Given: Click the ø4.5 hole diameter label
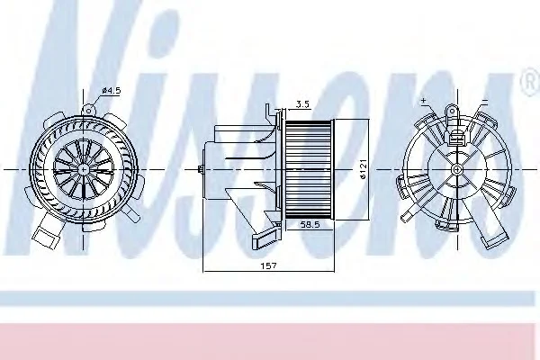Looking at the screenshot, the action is (112, 91).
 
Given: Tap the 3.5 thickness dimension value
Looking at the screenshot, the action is (302, 104).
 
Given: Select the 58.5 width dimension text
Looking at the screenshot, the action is (310, 225).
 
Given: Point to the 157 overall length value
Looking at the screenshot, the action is (268, 265).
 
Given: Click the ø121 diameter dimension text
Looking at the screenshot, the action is (364, 169).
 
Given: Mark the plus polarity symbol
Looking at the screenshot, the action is (423, 100).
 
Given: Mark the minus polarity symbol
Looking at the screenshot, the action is (484, 102).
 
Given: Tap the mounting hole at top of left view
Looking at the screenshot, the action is (88, 110).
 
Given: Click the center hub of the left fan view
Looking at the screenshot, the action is (84, 169).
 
